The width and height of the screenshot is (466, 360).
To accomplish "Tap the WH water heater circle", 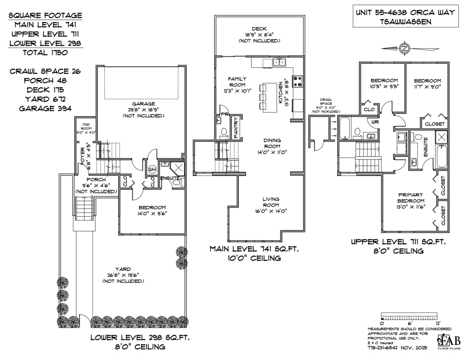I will click(152, 169).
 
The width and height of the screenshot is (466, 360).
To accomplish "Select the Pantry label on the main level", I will click(236, 127).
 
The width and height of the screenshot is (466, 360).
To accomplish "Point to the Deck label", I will click(259, 29).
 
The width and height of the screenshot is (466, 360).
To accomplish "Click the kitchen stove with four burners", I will click(297, 81).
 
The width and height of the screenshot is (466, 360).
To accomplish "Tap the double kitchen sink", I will click(279, 62).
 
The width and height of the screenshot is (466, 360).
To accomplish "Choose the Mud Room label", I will click(86, 125).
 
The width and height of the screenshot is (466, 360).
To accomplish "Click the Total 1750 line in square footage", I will click(45, 52).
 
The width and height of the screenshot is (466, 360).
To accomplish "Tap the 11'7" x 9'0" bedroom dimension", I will click(427, 86).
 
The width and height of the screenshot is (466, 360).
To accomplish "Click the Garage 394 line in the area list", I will click(45, 108).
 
